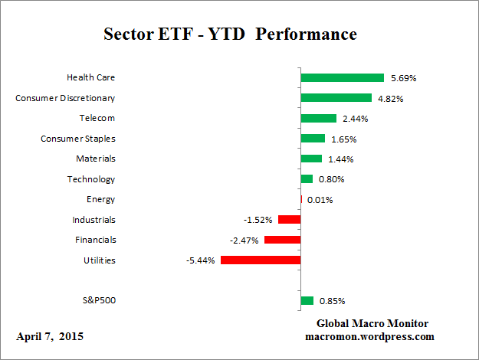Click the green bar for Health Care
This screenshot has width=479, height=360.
[342, 77]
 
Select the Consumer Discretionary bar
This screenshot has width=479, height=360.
[336, 98]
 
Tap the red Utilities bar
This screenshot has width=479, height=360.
[260, 260]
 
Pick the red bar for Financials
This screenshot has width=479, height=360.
[282, 240]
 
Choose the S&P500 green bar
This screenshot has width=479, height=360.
[307, 301]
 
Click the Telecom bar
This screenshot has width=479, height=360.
[319, 118]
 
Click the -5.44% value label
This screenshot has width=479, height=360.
[199, 260]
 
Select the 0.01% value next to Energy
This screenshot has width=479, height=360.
[320, 200]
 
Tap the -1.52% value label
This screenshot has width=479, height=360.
[258, 220]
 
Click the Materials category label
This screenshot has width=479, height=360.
[96, 159]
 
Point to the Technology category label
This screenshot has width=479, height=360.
[92, 179]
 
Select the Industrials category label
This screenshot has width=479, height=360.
[94, 220]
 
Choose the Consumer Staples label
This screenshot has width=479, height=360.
[78, 139]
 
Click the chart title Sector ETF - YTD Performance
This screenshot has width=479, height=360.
[230, 34]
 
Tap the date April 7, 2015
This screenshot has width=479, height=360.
[50, 336]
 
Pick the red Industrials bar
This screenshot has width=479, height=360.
[289, 220]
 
